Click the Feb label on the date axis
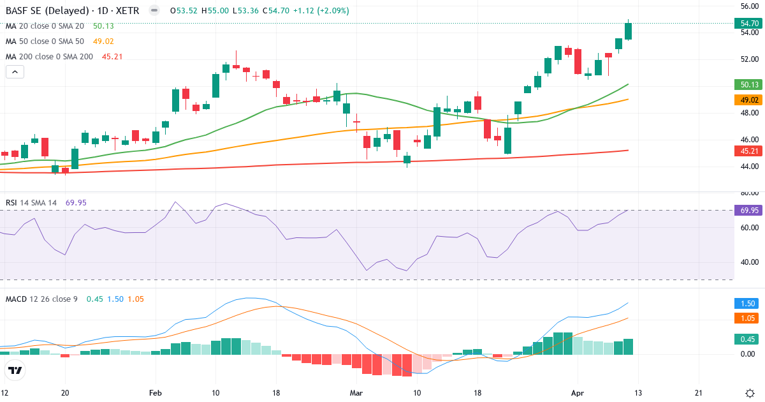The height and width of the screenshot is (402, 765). click(155, 393)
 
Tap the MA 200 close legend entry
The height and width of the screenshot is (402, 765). click(49, 57)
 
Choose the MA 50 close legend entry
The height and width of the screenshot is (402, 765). click(45, 41)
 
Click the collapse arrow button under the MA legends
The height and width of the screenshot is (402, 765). click(15, 72)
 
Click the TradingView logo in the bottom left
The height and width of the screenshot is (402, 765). click(15, 370)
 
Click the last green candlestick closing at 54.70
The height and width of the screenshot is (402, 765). click(628, 31)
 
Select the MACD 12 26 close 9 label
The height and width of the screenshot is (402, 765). click(41, 299)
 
